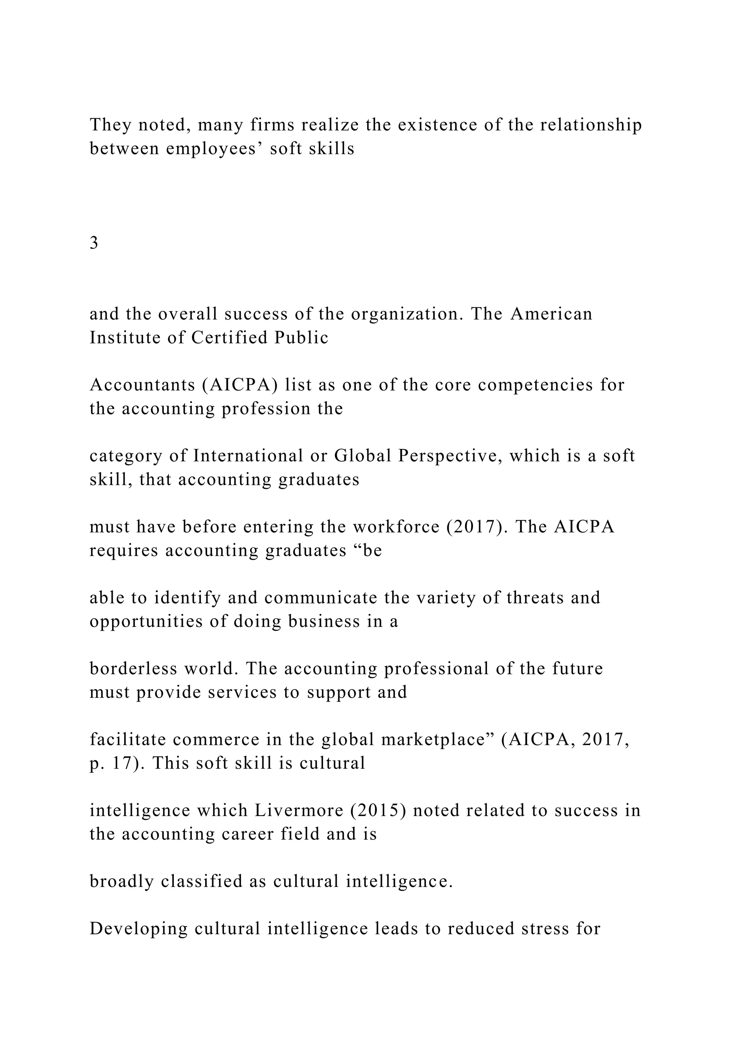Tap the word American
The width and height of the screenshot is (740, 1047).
(x=551, y=314)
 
